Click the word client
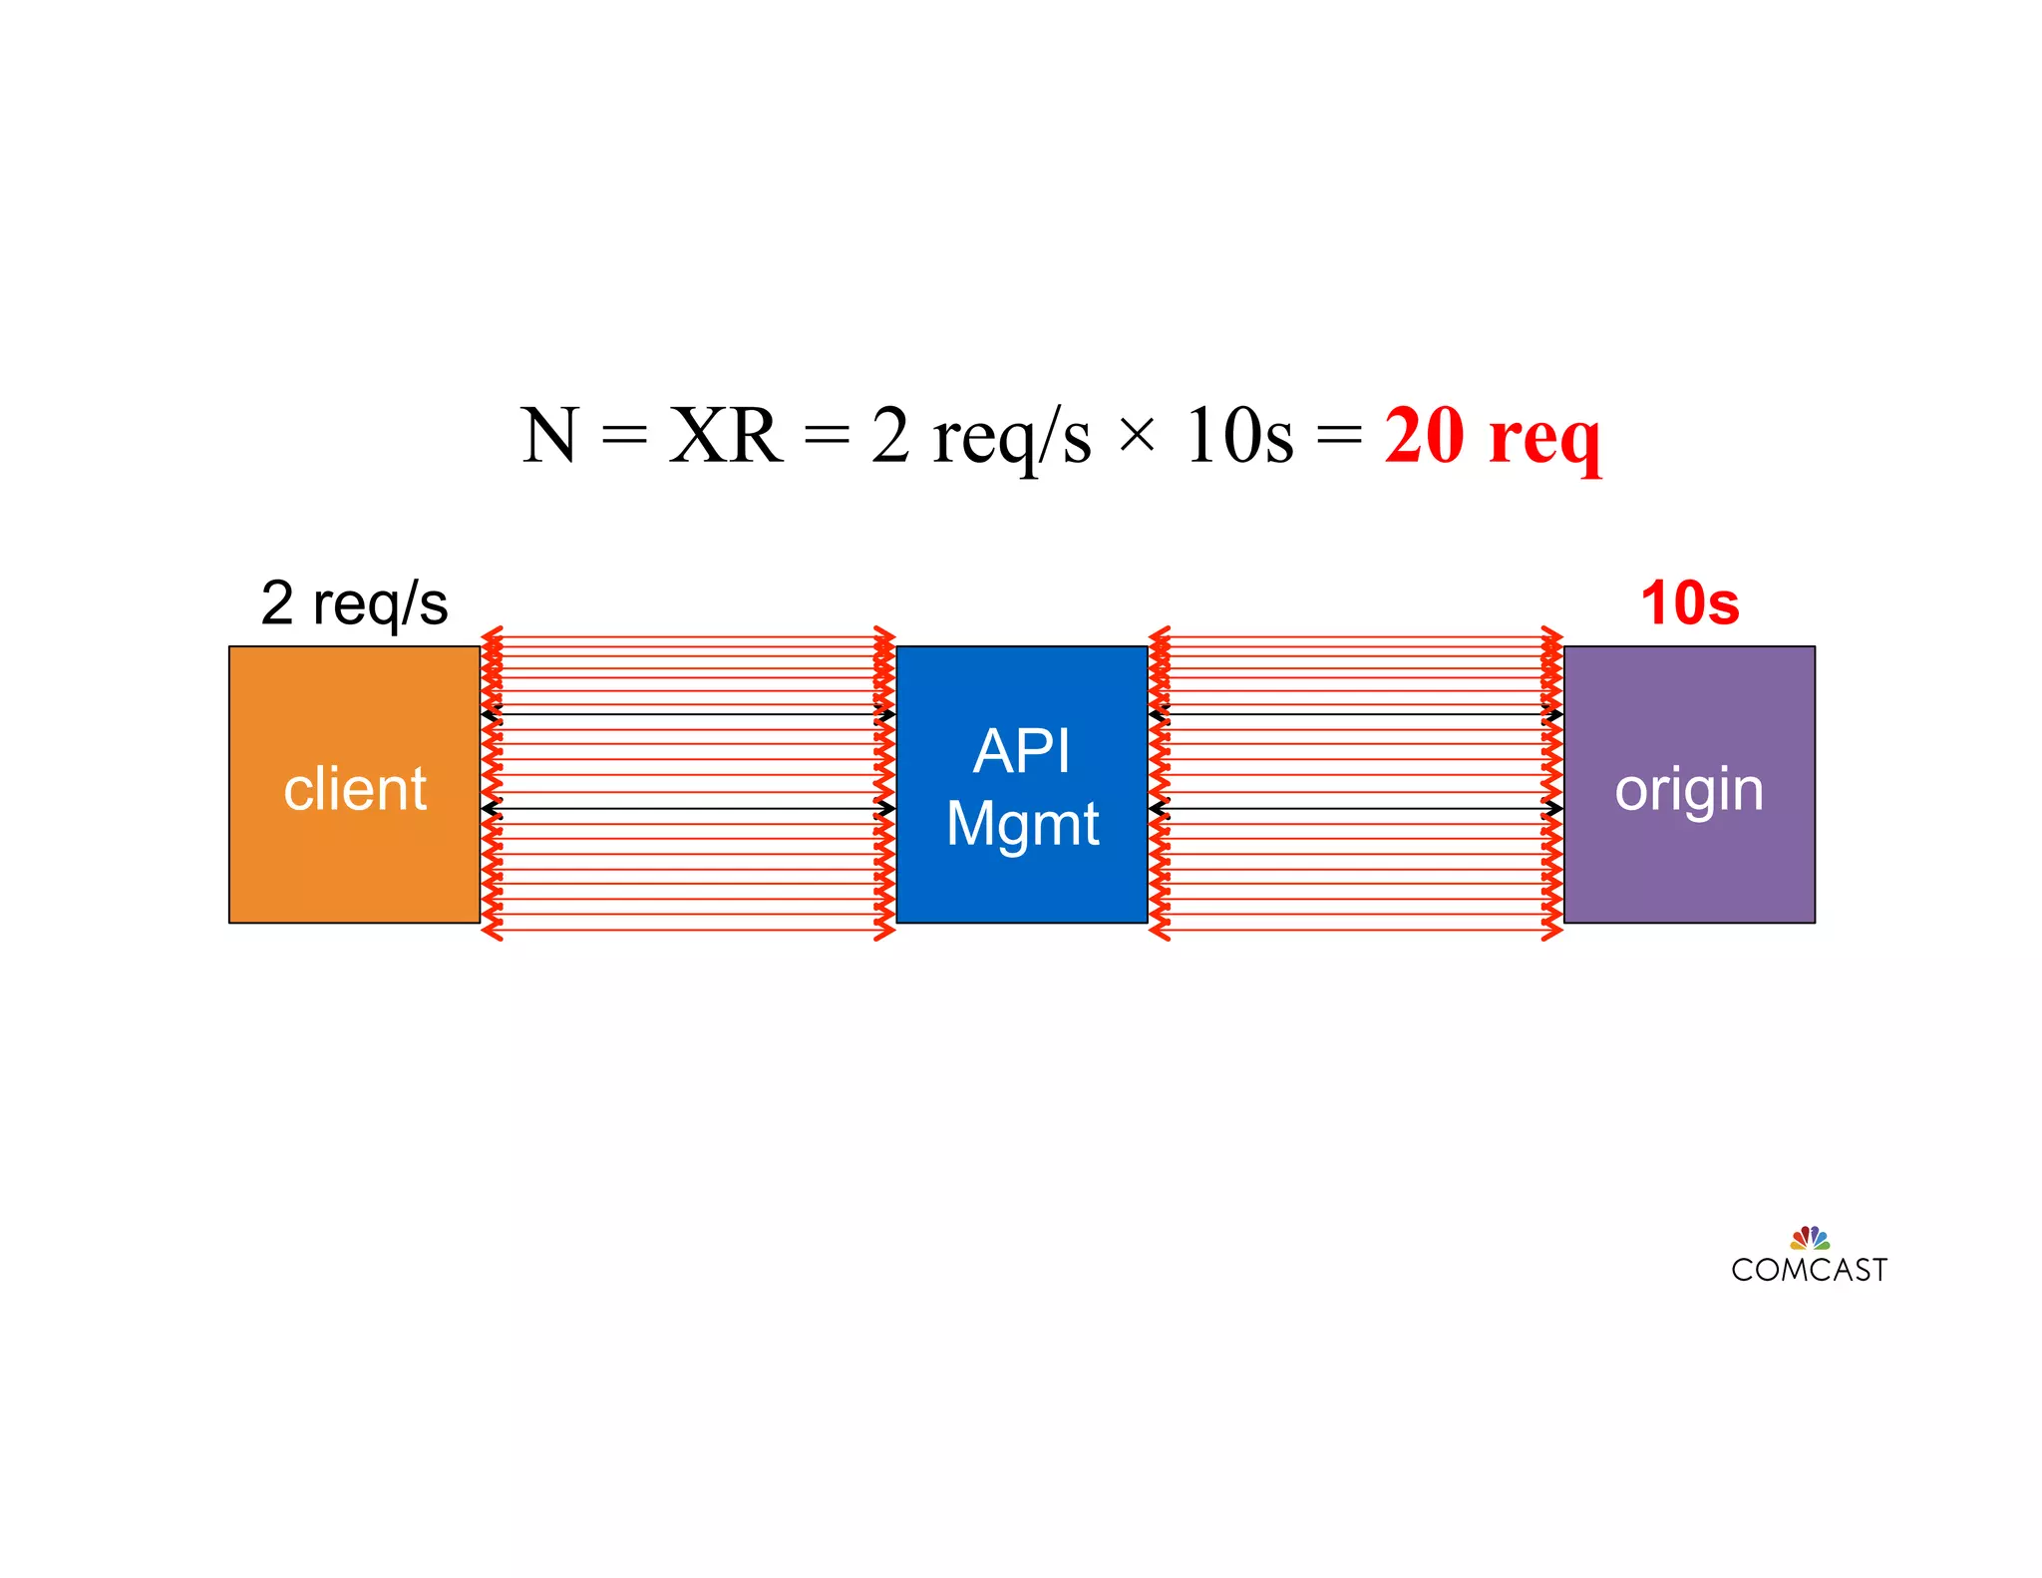pyautogui.click(x=355, y=789)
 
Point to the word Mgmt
pyautogui.click(x=1022, y=825)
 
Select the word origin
pyautogui.click(x=1689, y=791)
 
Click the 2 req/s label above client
pyautogui.click(x=354, y=603)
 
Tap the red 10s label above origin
pyautogui.click(x=1689, y=603)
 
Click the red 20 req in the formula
pyautogui.click(x=1493, y=436)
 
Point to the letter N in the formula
pyautogui.click(x=549, y=436)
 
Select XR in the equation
pyautogui.click(x=725, y=436)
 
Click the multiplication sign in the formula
pyautogui.click(x=1137, y=436)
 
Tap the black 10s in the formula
pyautogui.click(x=1239, y=436)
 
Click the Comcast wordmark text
pyautogui.click(x=1809, y=1270)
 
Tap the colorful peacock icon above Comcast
pyautogui.click(x=1810, y=1238)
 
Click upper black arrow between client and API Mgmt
pyautogui.click(x=688, y=714)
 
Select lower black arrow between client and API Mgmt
pyautogui.click(x=688, y=808)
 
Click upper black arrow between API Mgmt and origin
pyautogui.click(x=1356, y=714)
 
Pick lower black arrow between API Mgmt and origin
pyautogui.click(x=1356, y=808)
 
